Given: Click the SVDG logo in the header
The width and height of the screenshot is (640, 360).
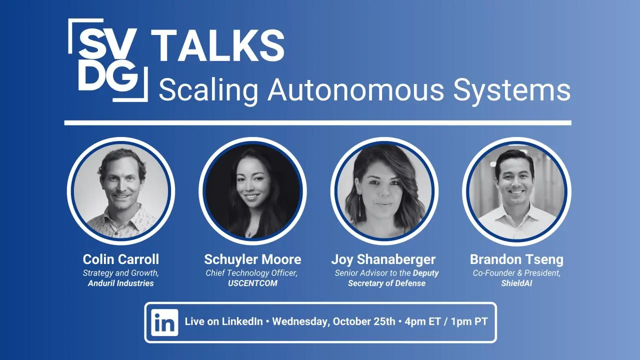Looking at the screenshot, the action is pos(107,60).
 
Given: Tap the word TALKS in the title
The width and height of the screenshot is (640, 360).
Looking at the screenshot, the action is pos(217,45).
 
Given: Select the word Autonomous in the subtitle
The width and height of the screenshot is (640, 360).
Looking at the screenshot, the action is pos(355,90).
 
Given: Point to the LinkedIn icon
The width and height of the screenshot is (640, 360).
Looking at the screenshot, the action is pos(164,322).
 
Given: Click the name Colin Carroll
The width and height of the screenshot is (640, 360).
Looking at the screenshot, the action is pos(121,259).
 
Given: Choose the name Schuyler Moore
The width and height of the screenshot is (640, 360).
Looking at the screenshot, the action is pos(252,259).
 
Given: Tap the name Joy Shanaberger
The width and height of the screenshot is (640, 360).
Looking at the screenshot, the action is pos(383,259).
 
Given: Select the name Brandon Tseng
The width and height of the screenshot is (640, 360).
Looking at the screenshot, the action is pos(516,259).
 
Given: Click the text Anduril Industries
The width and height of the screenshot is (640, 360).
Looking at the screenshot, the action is pos(121,283).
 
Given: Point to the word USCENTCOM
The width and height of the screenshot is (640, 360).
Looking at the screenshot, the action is pos(252,283).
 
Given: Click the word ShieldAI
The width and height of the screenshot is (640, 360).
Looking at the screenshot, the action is pos(516,283).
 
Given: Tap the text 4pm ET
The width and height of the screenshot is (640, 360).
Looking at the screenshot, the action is pos(423,321).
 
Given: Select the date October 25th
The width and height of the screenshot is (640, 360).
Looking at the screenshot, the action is pos(364,321).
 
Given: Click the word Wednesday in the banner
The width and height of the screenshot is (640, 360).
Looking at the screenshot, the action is pos(301,322).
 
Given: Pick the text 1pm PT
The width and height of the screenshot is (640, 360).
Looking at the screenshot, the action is pos(469,321).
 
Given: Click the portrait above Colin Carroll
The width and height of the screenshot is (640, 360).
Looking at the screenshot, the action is pos(121,191).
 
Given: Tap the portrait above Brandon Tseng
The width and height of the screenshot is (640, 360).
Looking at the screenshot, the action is pos(516,191).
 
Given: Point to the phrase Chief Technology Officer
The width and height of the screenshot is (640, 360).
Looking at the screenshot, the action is pos(251,273).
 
